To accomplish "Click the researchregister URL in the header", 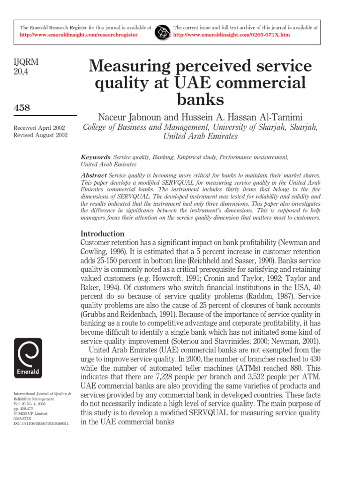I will pos(79,35).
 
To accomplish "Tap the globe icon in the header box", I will pos(163,31).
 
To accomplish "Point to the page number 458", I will pos(21,108).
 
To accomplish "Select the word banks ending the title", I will pos(200,99).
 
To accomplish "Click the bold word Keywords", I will pos(95,157).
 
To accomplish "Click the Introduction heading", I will pos(103,233).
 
